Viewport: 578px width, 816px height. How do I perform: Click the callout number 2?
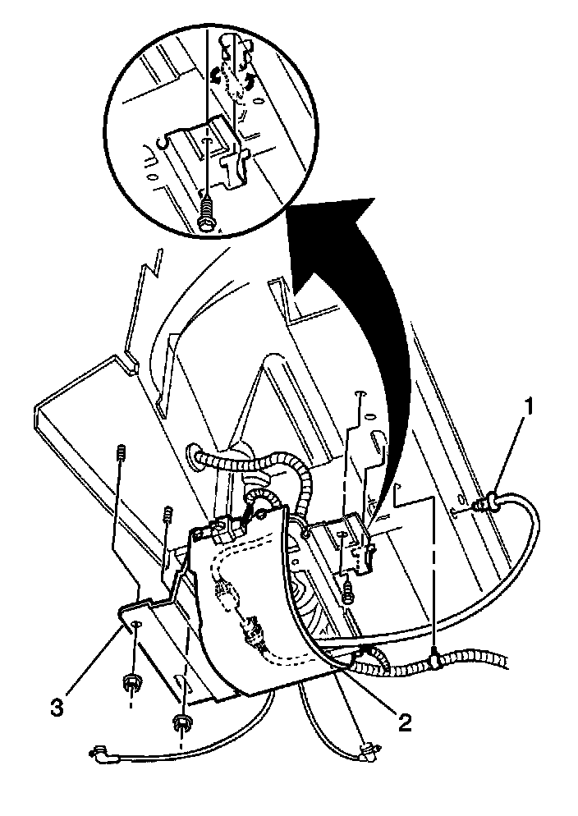tap(403, 721)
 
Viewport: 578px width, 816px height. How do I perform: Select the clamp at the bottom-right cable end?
tap(369, 748)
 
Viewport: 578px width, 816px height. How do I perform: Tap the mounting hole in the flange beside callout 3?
tap(135, 626)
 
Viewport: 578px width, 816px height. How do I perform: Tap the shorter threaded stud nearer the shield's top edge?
tap(169, 515)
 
